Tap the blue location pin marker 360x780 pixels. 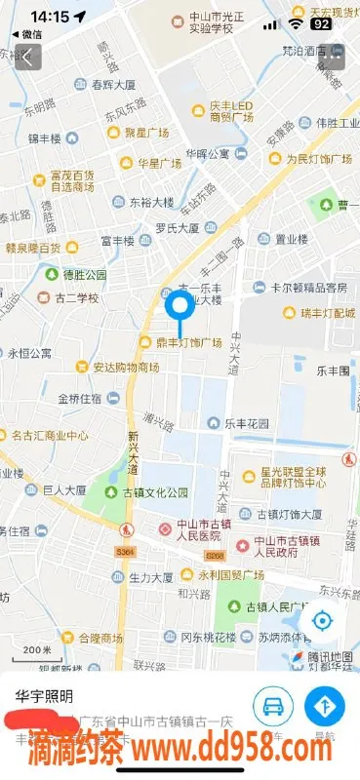180,307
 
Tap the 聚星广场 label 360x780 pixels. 146,132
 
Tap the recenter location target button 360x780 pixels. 321,620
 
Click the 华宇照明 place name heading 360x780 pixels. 45,696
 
